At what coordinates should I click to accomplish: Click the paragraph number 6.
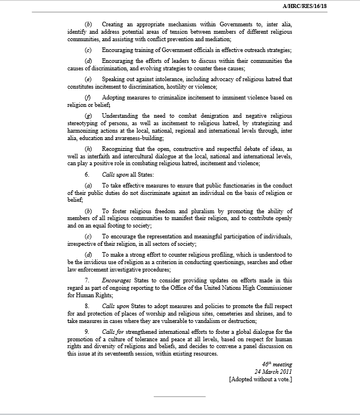[x=87, y=173]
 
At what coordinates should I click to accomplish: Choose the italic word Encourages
[x=117, y=280]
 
